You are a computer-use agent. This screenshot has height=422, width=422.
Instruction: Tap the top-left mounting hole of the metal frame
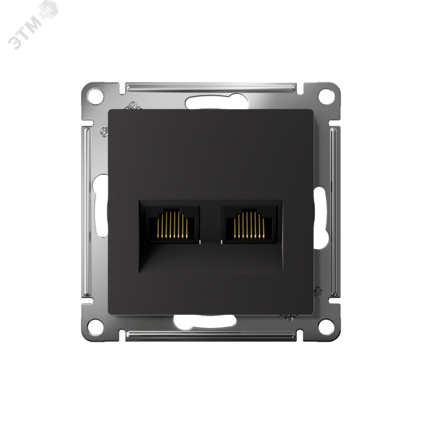pos(95,95)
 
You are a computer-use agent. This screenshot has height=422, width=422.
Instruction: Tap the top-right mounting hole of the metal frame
pos(326,95)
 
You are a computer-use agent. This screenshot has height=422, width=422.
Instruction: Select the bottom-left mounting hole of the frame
pos(95,327)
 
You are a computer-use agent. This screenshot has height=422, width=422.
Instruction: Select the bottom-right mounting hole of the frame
pos(326,327)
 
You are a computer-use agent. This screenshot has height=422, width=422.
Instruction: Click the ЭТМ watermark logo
pos(32,25)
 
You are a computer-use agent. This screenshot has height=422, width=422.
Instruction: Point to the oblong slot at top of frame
pos(217,102)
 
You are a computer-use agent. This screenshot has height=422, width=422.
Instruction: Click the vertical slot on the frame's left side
pos(100,206)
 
